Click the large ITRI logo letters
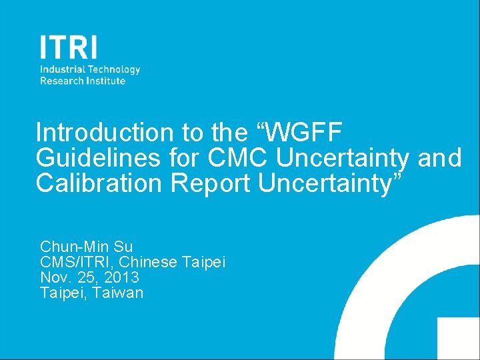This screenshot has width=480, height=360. click(x=68, y=47)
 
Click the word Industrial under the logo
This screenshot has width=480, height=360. click(x=60, y=69)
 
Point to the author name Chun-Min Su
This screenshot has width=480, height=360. click(x=87, y=247)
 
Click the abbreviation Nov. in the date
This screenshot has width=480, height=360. click(x=55, y=277)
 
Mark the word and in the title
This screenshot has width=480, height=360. click(x=439, y=158)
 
